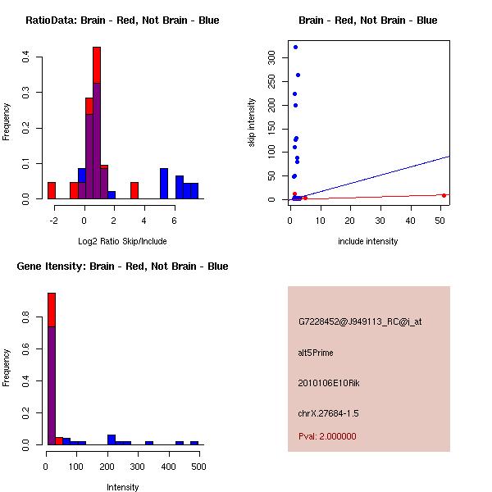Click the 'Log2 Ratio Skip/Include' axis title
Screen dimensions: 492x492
pyautogui.click(x=122, y=241)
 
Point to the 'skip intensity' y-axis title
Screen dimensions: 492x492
pyautogui.click(x=252, y=122)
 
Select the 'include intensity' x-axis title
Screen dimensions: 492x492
pyautogui.click(x=367, y=241)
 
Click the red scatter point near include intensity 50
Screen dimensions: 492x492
pyautogui.click(x=444, y=195)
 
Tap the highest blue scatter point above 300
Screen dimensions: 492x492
pyautogui.click(x=295, y=47)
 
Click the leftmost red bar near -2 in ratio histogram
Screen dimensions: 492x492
pyautogui.click(x=52, y=190)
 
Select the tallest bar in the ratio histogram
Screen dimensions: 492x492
pyautogui.click(x=97, y=123)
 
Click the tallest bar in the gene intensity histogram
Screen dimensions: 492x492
pyautogui.click(x=52, y=369)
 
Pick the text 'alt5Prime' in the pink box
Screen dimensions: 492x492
pyautogui.click(x=316, y=353)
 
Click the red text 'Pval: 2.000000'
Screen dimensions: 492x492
pyautogui.click(x=327, y=436)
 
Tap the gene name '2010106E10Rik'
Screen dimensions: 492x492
pyautogui.click(x=326, y=383)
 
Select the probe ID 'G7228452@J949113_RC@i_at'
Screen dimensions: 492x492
pyautogui.click(x=360, y=321)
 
